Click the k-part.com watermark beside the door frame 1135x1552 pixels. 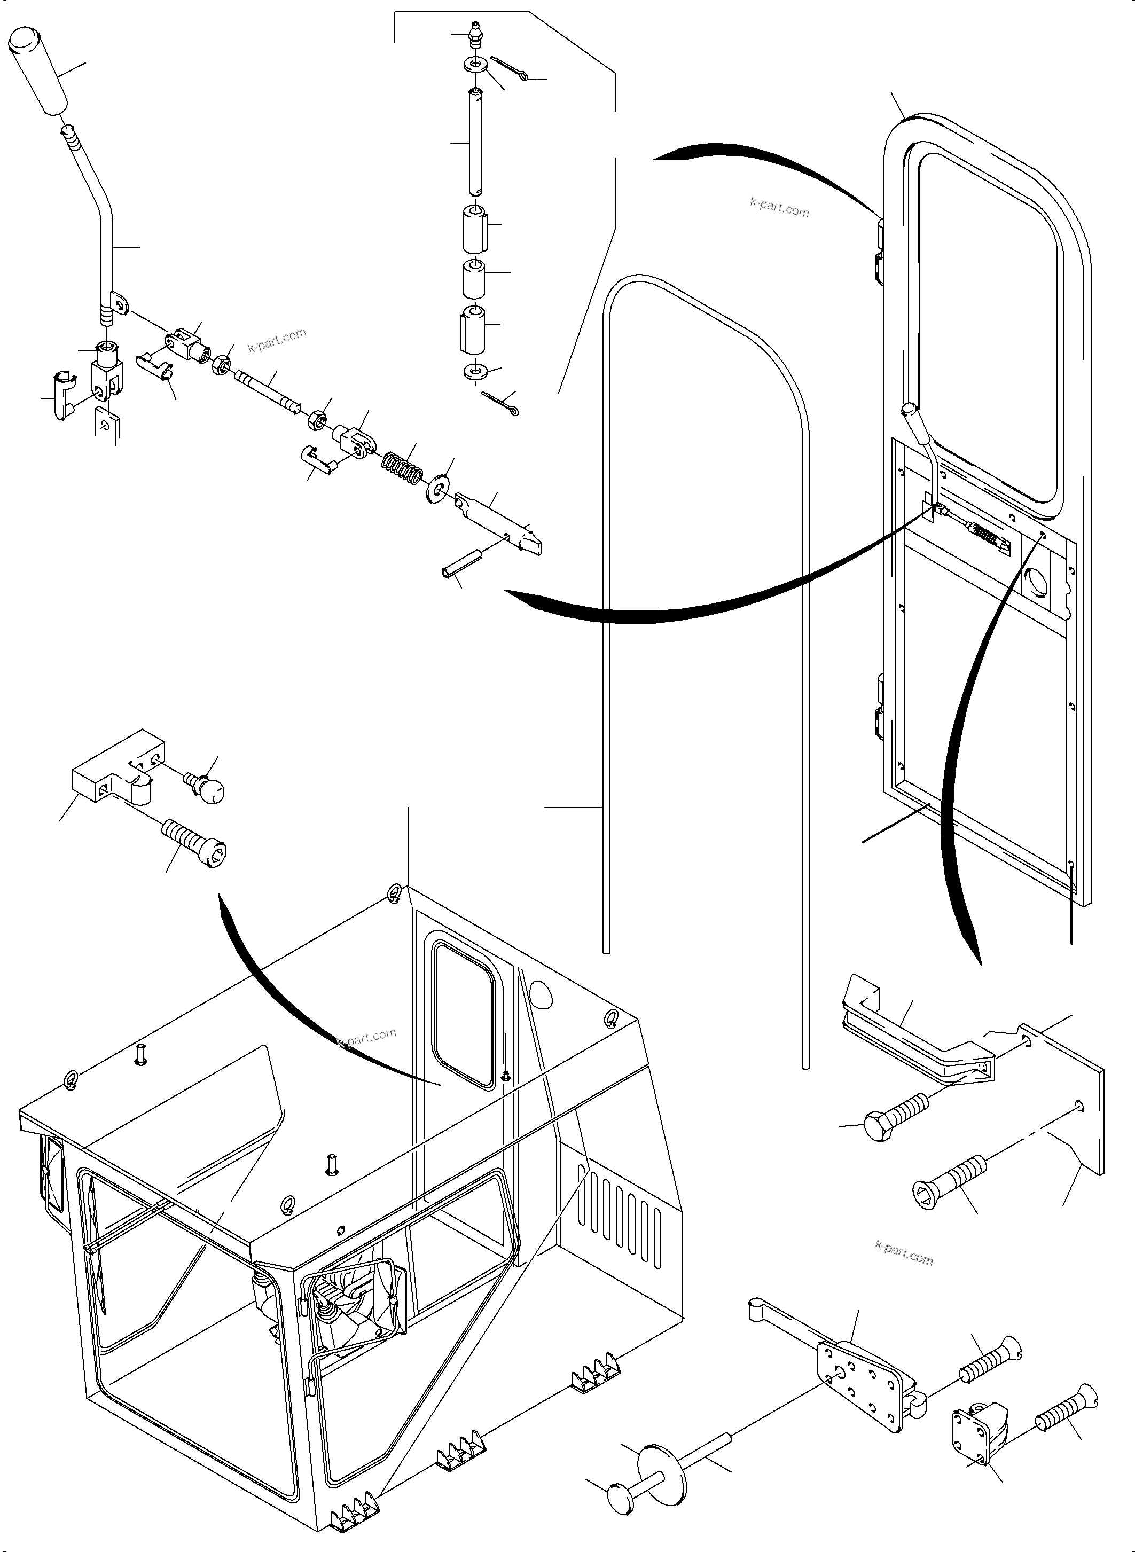click(779, 207)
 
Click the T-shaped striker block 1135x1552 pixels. click(117, 768)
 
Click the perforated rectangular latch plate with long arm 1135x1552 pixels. click(859, 1375)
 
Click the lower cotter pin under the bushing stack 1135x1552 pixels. click(501, 403)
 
